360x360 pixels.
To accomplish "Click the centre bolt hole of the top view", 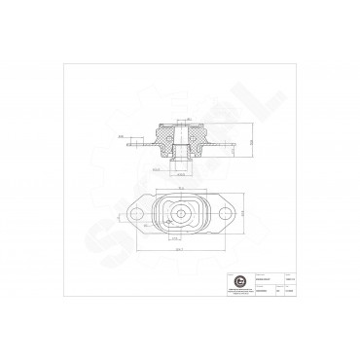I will click(181, 211).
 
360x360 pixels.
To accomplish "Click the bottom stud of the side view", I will click(182, 163).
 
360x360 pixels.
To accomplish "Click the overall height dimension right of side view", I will click(250, 142).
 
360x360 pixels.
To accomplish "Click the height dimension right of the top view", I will click(243, 212).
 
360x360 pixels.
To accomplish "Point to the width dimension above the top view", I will click(181, 189).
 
